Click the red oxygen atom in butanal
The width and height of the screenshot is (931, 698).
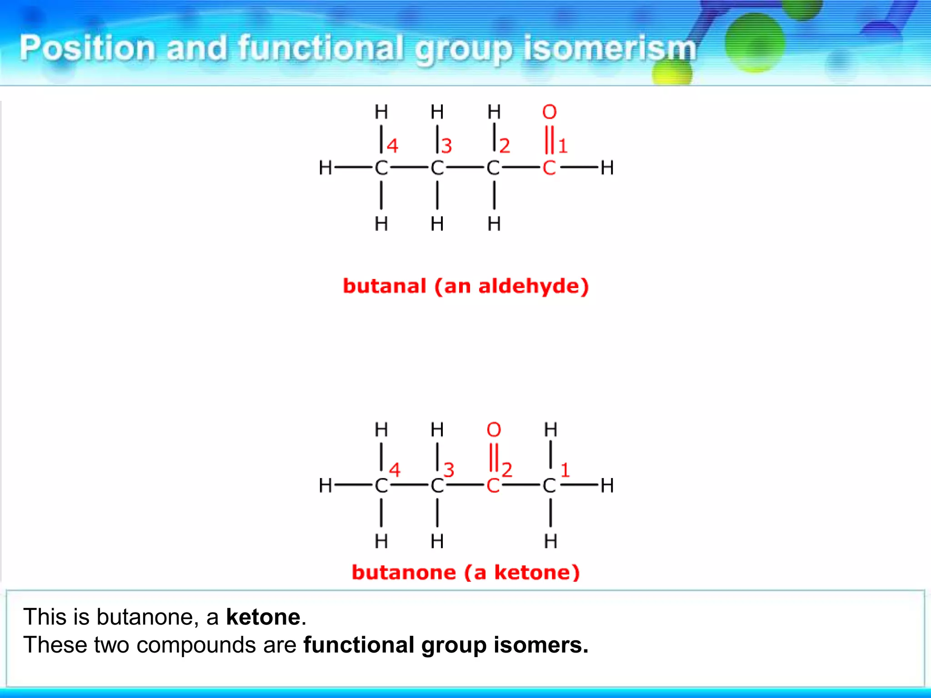549,112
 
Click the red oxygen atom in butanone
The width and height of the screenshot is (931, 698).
494,429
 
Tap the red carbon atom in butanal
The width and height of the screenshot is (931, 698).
549,168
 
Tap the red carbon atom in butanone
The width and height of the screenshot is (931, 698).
493,486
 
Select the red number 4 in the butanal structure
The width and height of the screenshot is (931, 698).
393,146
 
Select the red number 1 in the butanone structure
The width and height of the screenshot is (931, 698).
565,470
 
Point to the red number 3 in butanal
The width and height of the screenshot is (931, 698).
447,146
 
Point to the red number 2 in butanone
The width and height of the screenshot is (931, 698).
507,470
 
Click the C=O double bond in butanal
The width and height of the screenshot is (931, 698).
549,140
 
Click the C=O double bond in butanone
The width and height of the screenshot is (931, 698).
494,457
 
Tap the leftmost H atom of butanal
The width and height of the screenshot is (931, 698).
325,168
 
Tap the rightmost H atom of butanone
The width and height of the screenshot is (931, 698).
607,486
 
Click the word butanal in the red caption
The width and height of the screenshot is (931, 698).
385,286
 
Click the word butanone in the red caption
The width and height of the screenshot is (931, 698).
404,573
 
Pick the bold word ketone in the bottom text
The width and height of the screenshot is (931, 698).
263,617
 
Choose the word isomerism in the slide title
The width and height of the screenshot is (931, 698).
610,48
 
